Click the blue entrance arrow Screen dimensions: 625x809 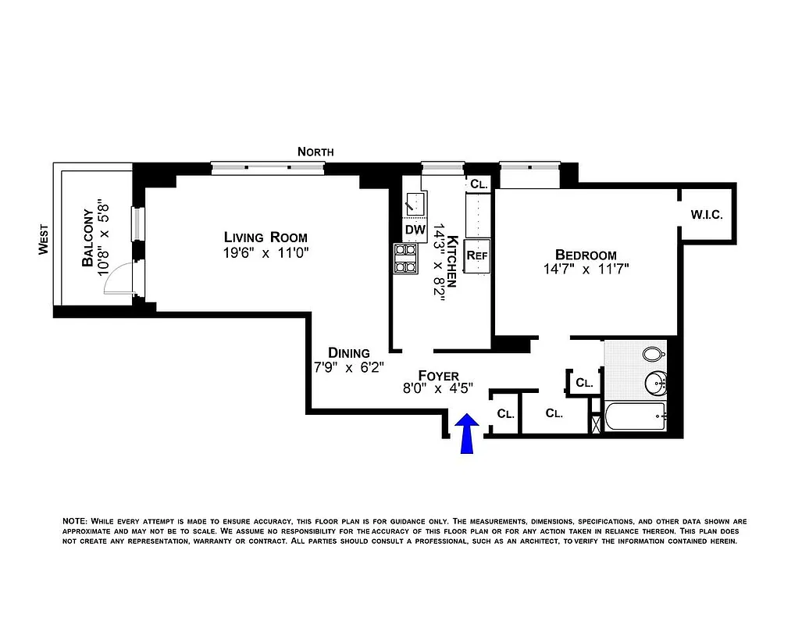tap(467, 434)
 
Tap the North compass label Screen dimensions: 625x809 tap(315, 152)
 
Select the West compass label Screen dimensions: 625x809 tap(45, 240)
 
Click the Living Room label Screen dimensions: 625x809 tap(266, 237)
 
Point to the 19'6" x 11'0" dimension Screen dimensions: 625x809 tap(266, 253)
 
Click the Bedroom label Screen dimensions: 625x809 tap(586, 255)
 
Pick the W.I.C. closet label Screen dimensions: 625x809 tap(707, 214)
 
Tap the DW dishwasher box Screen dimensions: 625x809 tap(414, 230)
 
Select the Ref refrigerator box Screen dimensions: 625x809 tap(476, 255)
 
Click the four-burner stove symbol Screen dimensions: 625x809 tap(405, 259)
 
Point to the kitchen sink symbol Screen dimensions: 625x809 tap(414, 205)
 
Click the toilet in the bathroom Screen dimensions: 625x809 tap(653, 355)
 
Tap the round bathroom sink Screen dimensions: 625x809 tap(655, 384)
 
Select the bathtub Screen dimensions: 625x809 tap(635, 418)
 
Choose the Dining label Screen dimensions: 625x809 tap(348, 352)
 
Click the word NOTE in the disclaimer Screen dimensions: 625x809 tap(75, 520)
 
